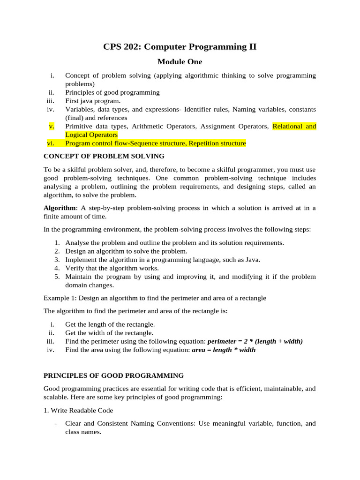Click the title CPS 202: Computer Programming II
click(x=180, y=46)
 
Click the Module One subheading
click(x=180, y=61)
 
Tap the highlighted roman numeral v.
click(x=52, y=126)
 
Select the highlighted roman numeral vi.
click(x=51, y=143)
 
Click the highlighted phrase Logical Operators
click(x=91, y=135)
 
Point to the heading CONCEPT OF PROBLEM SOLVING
click(x=104, y=156)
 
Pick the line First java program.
click(x=93, y=101)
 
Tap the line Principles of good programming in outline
click(x=112, y=92)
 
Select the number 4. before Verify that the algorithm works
click(x=57, y=268)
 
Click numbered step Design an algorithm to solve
click(x=126, y=251)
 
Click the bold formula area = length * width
click(x=224, y=350)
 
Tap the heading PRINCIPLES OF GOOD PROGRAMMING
click(x=113, y=375)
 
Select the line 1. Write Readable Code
click(x=78, y=410)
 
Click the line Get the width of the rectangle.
click(x=109, y=333)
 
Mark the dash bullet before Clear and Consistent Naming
click(x=56, y=423)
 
